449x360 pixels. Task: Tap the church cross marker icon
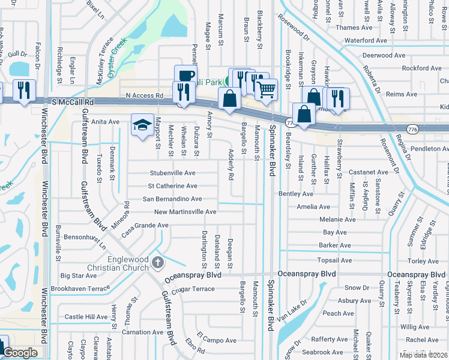157,262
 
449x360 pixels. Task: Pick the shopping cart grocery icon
266,89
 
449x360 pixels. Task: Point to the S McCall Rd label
74,103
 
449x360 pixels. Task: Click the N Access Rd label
144,95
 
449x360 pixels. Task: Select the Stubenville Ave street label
173,173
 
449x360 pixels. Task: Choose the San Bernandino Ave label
172,199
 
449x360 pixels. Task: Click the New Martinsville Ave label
185,212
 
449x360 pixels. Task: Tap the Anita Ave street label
105,122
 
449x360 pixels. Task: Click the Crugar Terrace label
193,289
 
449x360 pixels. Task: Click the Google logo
20,353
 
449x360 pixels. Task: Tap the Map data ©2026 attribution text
424,355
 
